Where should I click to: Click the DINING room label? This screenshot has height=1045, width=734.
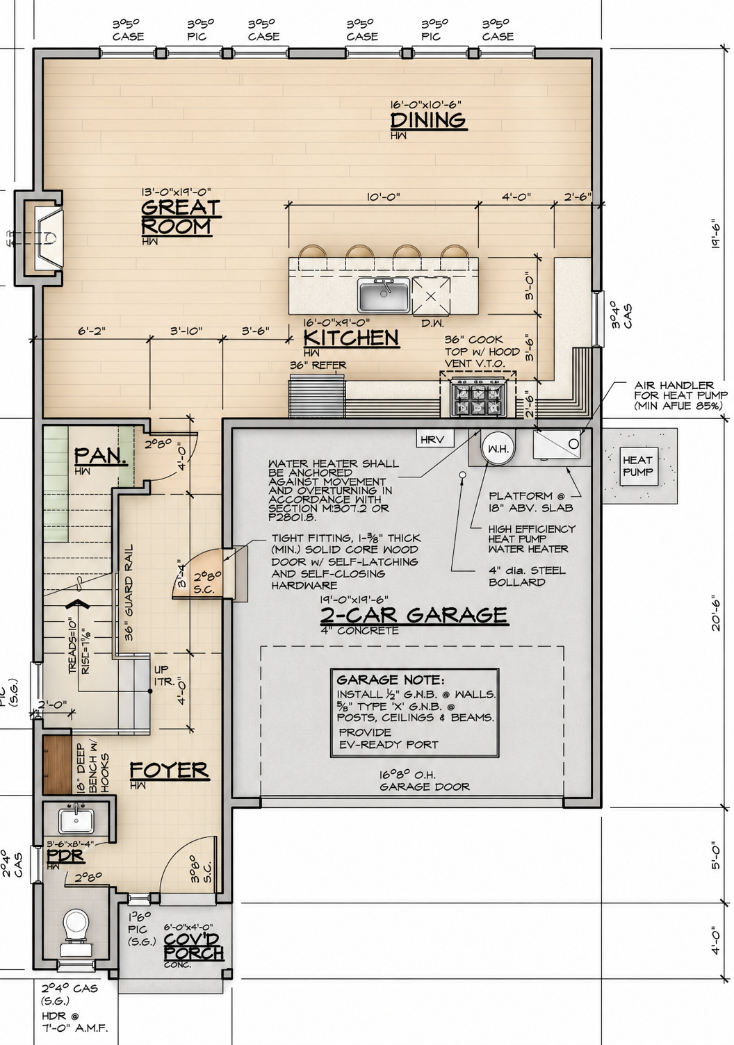coord(428,120)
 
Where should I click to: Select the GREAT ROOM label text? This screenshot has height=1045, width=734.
coord(181,217)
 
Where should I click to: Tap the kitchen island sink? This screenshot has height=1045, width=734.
coord(384,295)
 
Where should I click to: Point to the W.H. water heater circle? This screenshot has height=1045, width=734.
coord(498,448)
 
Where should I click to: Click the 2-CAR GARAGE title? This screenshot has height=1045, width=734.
coord(414,615)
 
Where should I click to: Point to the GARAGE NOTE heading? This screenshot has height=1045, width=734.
coord(390,680)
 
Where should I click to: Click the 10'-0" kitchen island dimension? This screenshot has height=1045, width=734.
coord(383,197)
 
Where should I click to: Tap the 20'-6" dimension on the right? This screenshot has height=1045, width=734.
coord(716,615)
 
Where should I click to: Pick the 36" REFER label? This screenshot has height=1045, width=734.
coord(318,365)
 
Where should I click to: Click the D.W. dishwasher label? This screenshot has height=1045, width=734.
coord(432,323)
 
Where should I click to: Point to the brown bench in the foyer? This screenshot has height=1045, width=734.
coord(57,765)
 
